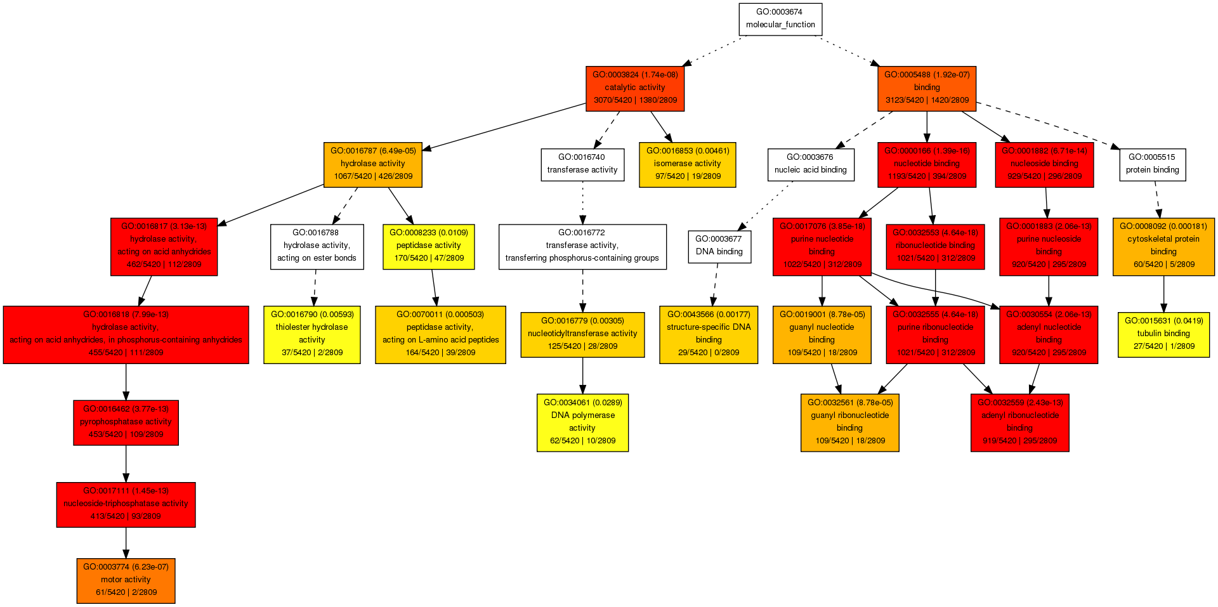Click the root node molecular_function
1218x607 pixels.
780,19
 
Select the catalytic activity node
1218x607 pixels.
635,88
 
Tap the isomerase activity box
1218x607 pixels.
688,164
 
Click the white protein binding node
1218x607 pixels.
1152,164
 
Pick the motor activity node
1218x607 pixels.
126,580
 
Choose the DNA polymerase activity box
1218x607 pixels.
582,422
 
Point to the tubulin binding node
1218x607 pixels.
1163,334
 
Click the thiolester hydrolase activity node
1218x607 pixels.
312,334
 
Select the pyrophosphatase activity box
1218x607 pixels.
126,422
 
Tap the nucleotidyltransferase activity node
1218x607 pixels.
582,334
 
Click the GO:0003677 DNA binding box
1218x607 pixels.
719,246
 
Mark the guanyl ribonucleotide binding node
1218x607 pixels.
849,422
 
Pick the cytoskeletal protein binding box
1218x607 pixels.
1163,246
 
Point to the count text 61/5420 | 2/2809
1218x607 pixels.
126,592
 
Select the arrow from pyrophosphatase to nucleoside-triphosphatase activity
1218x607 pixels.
126,464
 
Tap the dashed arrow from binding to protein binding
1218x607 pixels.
1047,124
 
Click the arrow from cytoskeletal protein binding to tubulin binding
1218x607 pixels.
1163,294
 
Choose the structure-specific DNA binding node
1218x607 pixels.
709,334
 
